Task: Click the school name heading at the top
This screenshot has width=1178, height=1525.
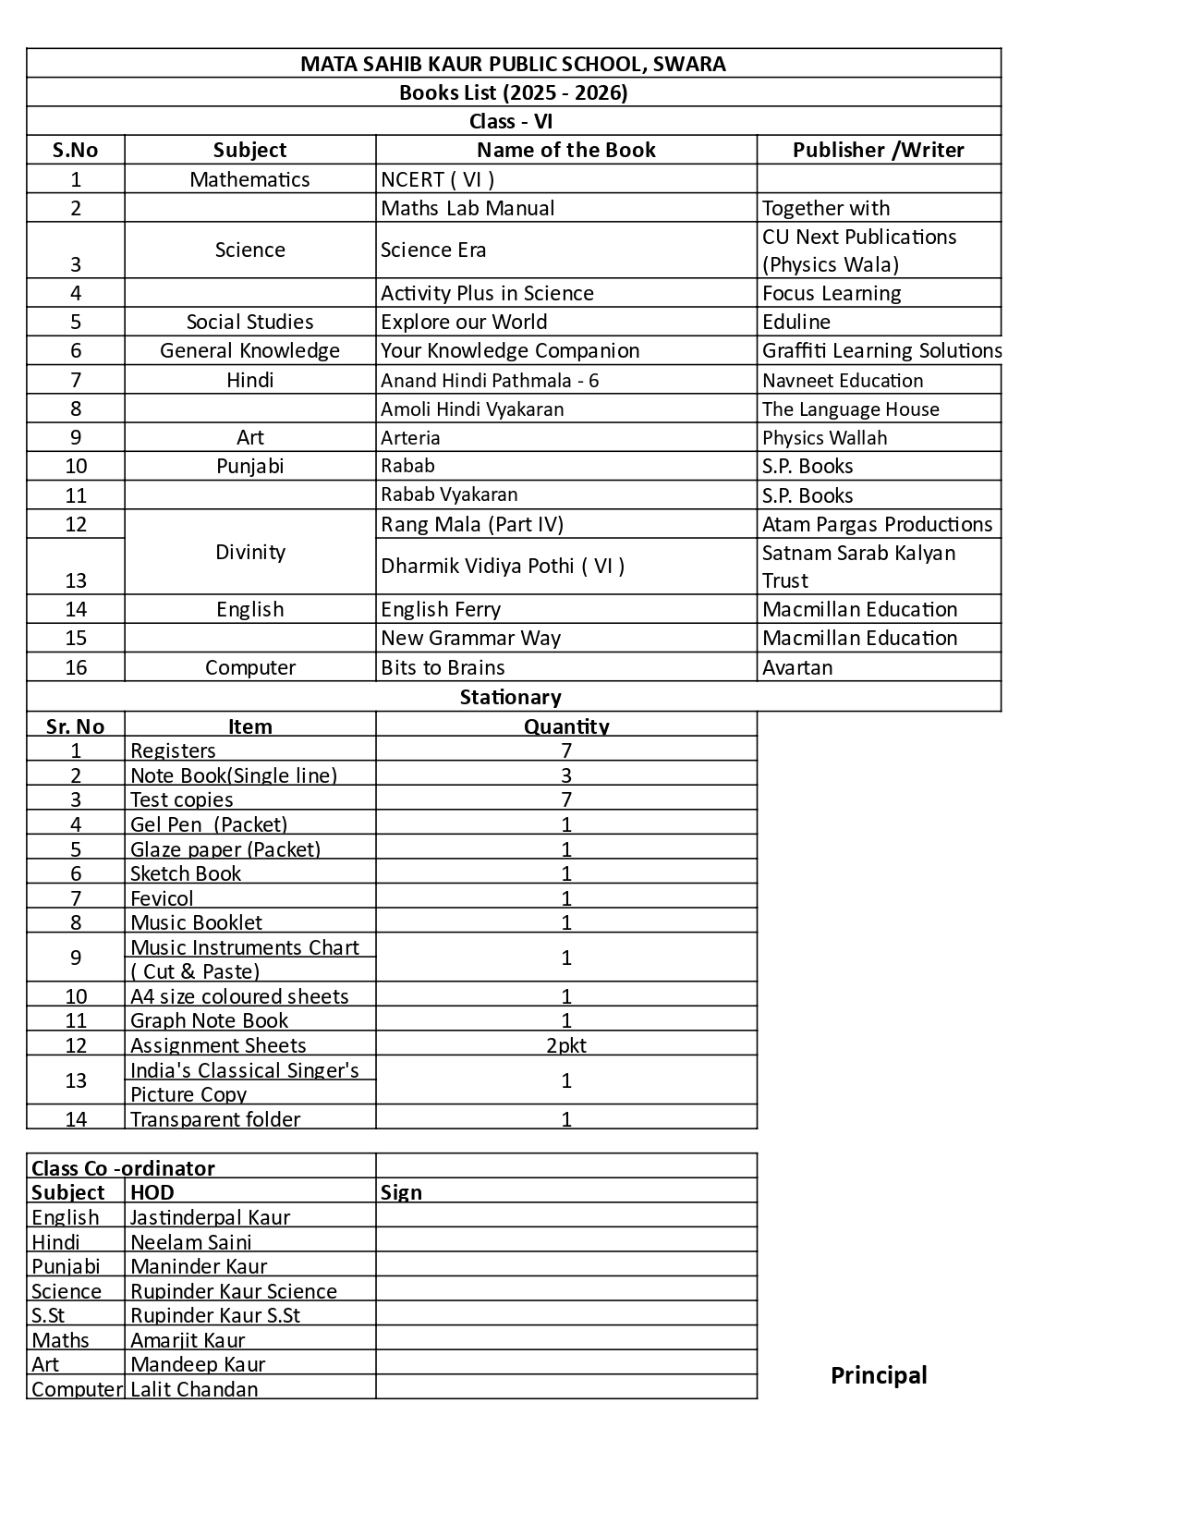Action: [x=513, y=64]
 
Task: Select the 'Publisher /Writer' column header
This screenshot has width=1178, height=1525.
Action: [x=878, y=150]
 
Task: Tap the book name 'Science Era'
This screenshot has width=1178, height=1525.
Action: [x=433, y=250]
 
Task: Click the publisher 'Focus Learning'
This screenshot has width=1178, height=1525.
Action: [x=832, y=293]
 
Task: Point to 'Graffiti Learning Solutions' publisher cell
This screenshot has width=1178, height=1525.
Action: [x=881, y=350]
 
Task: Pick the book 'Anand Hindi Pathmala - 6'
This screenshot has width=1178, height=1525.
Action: [x=490, y=380]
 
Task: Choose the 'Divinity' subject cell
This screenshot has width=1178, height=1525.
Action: [x=249, y=552]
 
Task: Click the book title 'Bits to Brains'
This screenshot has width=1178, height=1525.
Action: [x=443, y=667]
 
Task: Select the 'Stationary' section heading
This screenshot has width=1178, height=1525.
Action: [x=510, y=697]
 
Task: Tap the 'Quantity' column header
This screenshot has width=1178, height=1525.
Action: [x=566, y=726]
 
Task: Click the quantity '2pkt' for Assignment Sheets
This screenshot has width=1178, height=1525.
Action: [x=566, y=1045]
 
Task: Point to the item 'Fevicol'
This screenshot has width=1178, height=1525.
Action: [x=162, y=898]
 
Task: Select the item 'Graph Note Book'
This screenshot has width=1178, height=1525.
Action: [x=209, y=1020]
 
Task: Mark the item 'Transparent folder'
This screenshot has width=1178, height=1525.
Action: [x=215, y=1119]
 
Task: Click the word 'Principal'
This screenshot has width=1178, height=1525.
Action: [x=879, y=1375]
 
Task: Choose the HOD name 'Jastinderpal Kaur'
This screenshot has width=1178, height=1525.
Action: [x=210, y=1217]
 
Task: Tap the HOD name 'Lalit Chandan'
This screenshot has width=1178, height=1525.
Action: [x=194, y=1389]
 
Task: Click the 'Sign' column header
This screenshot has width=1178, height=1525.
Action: [x=401, y=1192]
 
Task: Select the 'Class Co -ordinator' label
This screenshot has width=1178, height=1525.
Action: [x=123, y=1167]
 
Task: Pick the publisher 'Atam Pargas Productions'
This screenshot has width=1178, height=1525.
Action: [x=877, y=524]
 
